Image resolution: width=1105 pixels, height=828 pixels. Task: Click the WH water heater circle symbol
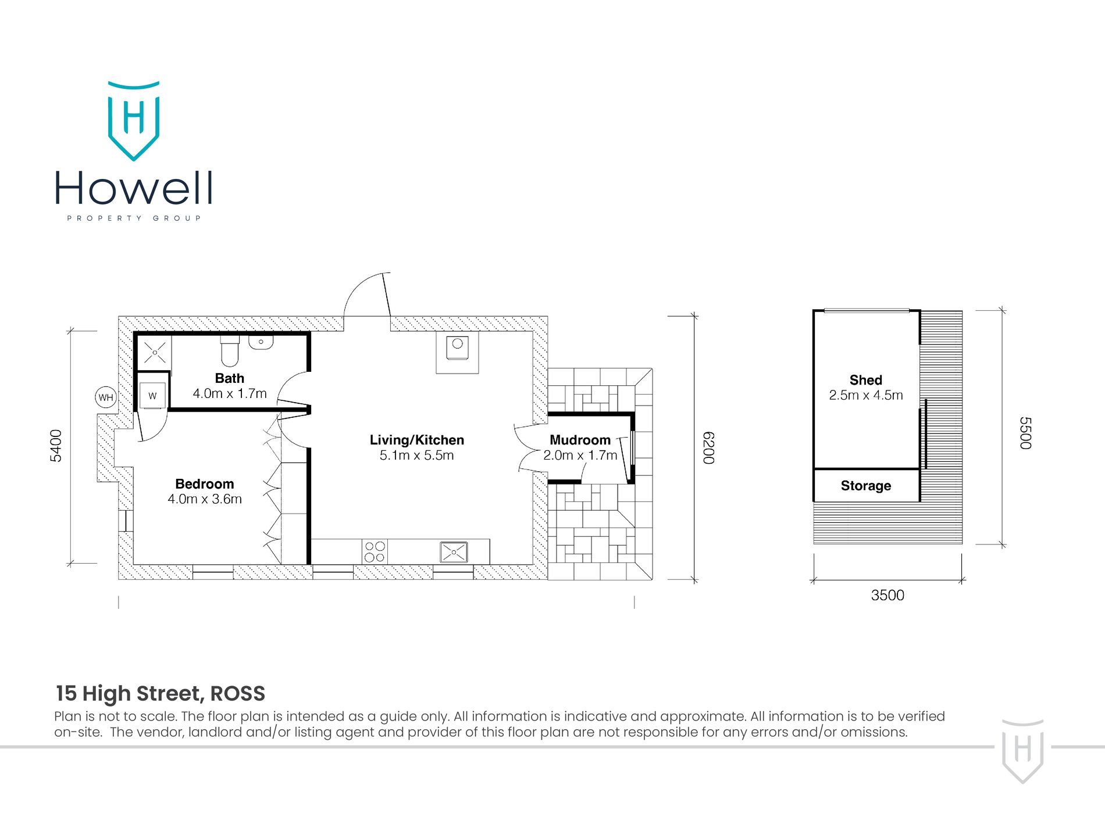[106, 397]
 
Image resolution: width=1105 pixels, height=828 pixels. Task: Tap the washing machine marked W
[152, 396]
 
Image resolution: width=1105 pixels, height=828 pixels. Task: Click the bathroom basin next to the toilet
[261, 342]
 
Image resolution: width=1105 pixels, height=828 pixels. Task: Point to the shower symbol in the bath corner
[155, 352]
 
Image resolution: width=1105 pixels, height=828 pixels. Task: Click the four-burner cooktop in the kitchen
[375, 551]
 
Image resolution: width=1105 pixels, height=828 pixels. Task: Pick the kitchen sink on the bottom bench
[454, 551]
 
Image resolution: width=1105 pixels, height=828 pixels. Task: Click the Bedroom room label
[204, 484]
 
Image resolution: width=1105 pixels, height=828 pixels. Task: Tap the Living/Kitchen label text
[416, 440]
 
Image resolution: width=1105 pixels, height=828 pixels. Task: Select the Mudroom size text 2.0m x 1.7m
[580, 456]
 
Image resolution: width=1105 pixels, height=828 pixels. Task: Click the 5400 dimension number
[56, 446]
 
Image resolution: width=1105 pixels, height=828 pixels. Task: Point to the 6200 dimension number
[708, 447]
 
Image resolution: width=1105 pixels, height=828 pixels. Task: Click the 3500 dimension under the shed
[887, 595]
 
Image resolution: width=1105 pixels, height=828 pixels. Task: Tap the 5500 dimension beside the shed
[1025, 433]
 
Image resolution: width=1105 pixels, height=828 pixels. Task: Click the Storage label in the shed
[865, 486]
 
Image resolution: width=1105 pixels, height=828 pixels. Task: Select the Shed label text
[865, 380]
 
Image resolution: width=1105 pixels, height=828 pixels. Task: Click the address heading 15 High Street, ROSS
[161, 693]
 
